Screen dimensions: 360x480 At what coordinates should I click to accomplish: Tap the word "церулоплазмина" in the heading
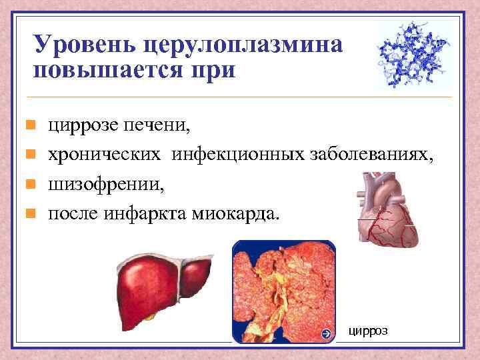(243, 45)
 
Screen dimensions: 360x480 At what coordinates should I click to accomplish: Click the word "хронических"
(104, 155)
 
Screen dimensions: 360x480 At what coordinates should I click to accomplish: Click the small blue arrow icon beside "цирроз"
(325, 333)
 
